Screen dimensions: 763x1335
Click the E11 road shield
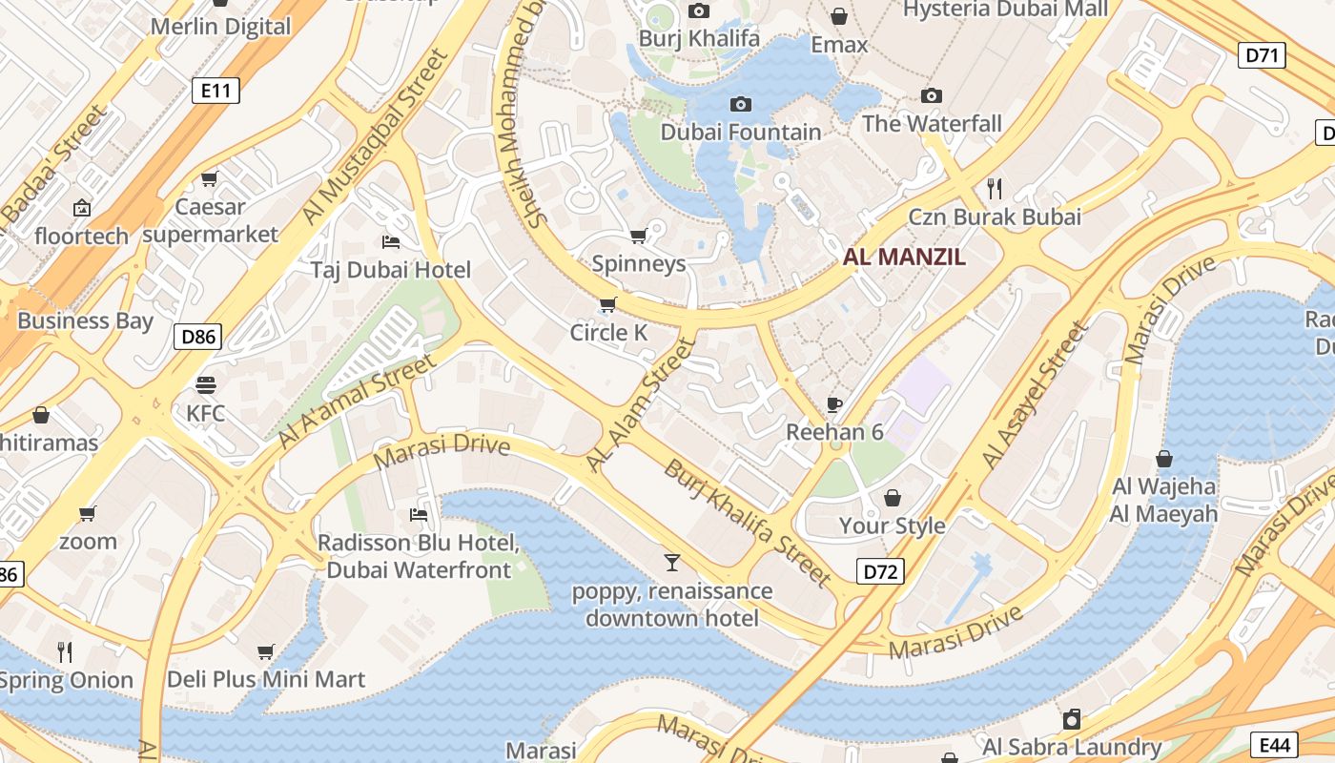(216, 91)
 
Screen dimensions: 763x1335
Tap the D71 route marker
(1262, 55)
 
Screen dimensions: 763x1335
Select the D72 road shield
(879, 571)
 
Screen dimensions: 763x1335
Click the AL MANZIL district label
(904, 257)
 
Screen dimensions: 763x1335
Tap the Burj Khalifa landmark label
(699, 38)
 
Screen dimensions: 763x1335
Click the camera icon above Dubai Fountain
(740, 104)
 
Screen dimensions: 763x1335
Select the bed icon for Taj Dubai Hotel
(390, 241)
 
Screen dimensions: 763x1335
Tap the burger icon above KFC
(206, 385)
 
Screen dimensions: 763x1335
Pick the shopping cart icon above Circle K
(607, 305)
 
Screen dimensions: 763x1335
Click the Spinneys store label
(639, 263)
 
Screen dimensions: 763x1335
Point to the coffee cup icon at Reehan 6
(834, 404)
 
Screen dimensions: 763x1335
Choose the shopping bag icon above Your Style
(893, 498)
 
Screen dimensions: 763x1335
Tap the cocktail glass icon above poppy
(672, 563)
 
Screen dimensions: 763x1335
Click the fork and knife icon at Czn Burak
(995, 188)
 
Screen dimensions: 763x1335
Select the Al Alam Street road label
(640, 404)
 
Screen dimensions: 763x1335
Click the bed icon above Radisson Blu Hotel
(418, 515)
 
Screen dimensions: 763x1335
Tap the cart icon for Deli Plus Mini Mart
(266, 652)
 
